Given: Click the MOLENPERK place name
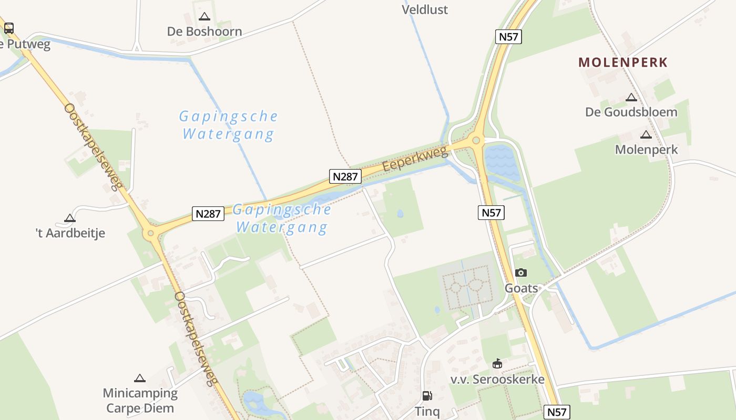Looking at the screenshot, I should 623,62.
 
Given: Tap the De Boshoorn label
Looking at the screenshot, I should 205,31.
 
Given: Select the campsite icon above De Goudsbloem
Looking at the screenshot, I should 631,97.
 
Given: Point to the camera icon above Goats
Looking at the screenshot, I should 521,272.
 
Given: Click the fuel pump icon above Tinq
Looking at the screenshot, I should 427,396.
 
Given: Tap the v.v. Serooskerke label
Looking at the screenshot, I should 497,379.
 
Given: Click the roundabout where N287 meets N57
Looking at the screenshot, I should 476,140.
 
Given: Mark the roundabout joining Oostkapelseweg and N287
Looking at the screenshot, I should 151,233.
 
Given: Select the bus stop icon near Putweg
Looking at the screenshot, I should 8,28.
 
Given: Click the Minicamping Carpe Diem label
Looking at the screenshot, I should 140,401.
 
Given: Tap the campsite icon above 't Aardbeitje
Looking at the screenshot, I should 70,218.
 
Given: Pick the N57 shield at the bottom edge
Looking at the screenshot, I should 557,412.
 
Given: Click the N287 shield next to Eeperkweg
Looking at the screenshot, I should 345,176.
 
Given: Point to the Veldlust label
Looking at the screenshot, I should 425,9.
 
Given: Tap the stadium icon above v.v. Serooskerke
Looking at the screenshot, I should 497,363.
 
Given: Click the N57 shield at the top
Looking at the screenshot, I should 508,37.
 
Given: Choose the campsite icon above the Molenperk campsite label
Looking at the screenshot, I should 646,134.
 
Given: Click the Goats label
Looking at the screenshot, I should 521,288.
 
